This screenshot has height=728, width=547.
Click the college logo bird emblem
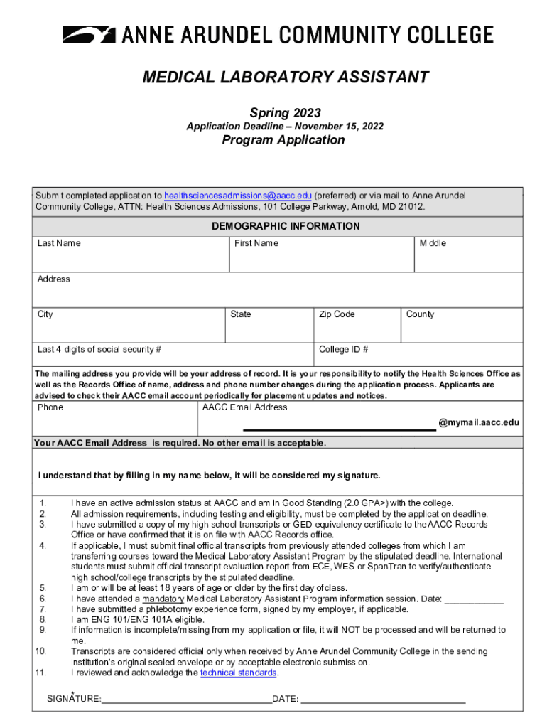(x=89, y=34)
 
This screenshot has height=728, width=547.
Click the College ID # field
(x=419, y=355)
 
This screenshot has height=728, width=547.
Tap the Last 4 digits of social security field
(x=174, y=355)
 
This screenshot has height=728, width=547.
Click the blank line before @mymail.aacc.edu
(x=340, y=424)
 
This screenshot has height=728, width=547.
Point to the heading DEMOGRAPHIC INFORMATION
(x=286, y=226)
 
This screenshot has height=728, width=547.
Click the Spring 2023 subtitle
(x=285, y=113)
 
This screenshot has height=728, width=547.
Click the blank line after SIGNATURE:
(x=186, y=698)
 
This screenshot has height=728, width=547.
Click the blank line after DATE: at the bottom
(x=383, y=698)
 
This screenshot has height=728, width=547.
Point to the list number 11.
(x=40, y=673)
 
